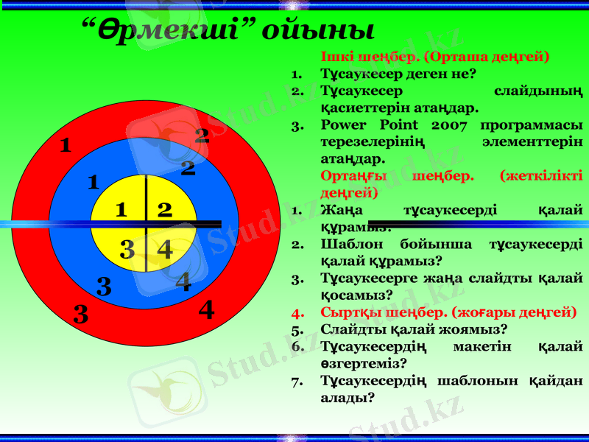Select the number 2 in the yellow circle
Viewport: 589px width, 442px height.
tap(165, 210)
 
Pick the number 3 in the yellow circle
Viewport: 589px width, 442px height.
tap(127, 250)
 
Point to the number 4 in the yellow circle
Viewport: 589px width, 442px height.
tap(165, 250)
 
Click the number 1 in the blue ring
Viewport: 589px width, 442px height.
tap(93, 181)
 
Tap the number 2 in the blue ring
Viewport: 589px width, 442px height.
tap(188, 169)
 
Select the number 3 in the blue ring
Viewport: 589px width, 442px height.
tap(104, 286)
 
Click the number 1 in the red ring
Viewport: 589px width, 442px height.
tap(66, 145)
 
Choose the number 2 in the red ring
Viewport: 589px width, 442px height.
tap(202, 135)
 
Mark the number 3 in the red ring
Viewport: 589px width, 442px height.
tap(81, 315)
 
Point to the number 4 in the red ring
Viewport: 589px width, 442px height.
tap(207, 310)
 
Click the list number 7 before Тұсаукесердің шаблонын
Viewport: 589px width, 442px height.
tap(297, 381)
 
